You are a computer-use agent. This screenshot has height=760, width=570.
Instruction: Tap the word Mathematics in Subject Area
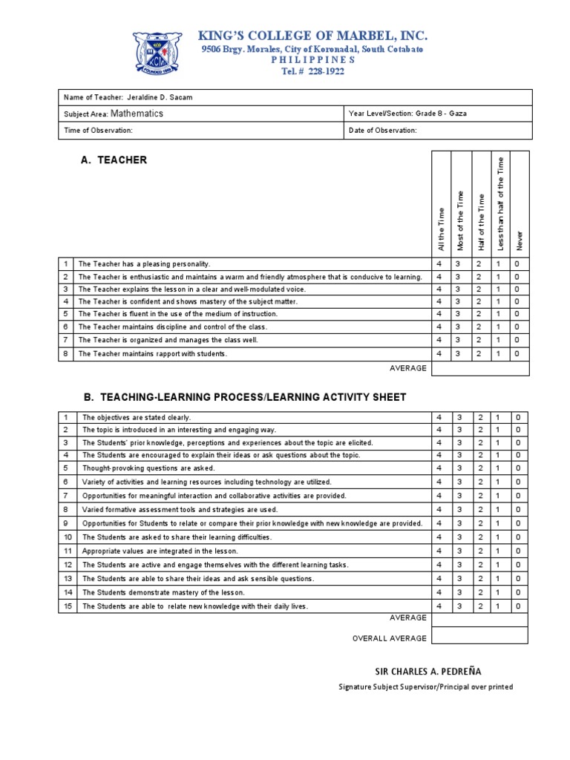click(x=137, y=114)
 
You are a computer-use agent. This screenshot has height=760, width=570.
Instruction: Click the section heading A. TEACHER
click(x=114, y=160)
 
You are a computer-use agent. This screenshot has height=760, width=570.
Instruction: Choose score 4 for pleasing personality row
click(x=439, y=264)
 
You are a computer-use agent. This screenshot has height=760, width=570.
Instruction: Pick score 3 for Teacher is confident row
click(x=459, y=301)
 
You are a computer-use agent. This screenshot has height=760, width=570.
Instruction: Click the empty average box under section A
click(x=479, y=369)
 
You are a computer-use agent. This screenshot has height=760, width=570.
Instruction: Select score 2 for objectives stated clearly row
click(x=479, y=417)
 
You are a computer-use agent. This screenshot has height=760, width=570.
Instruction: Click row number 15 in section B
click(x=67, y=606)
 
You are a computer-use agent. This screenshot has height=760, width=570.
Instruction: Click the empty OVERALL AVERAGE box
click(x=479, y=636)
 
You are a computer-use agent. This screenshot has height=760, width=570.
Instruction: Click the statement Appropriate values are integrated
click(x=160, y=551)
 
